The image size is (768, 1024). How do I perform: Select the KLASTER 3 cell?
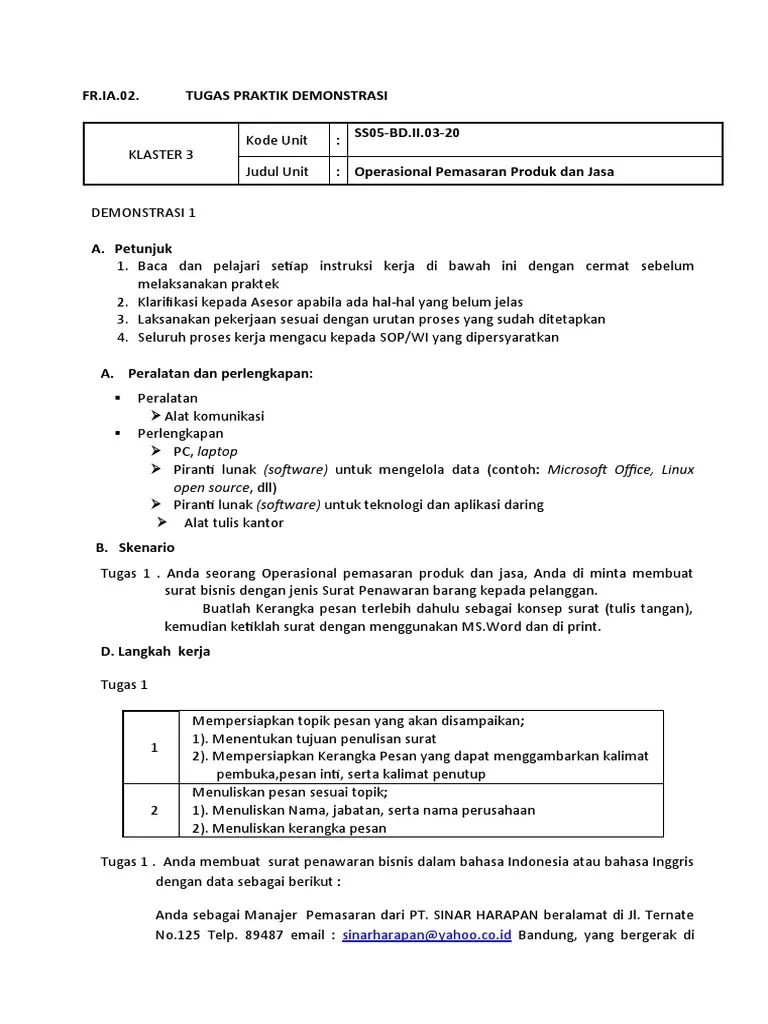(x=161, y=154)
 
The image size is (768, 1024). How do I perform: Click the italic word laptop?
(x=217, y=451)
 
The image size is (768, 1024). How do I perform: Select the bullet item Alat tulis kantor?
(x=234, y=522)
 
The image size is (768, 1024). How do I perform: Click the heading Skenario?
(x=146, y=547)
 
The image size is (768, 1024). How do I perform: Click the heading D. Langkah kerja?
(x=154, y=651)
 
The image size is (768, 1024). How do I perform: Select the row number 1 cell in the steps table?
(x=154, y=747)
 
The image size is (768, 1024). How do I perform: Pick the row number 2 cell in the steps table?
(x=154, y=810)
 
